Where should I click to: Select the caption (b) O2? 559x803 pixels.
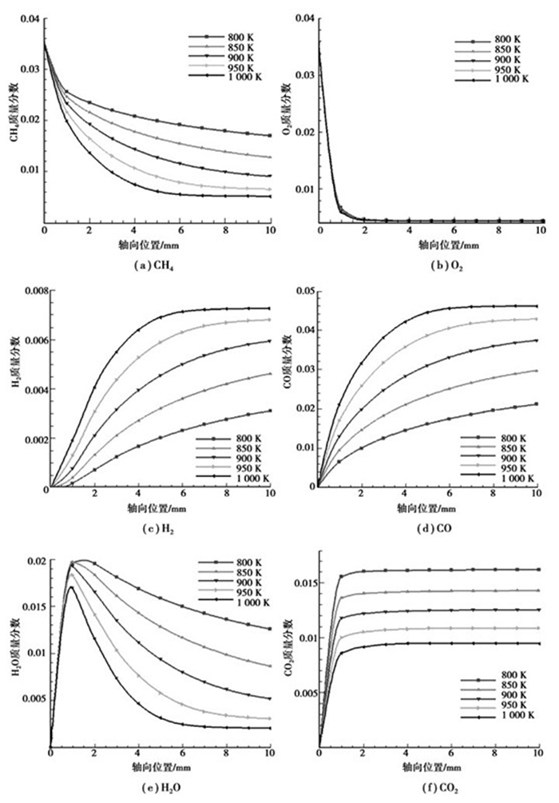[433, 266]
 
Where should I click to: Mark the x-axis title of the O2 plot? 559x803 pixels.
[433, 246]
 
